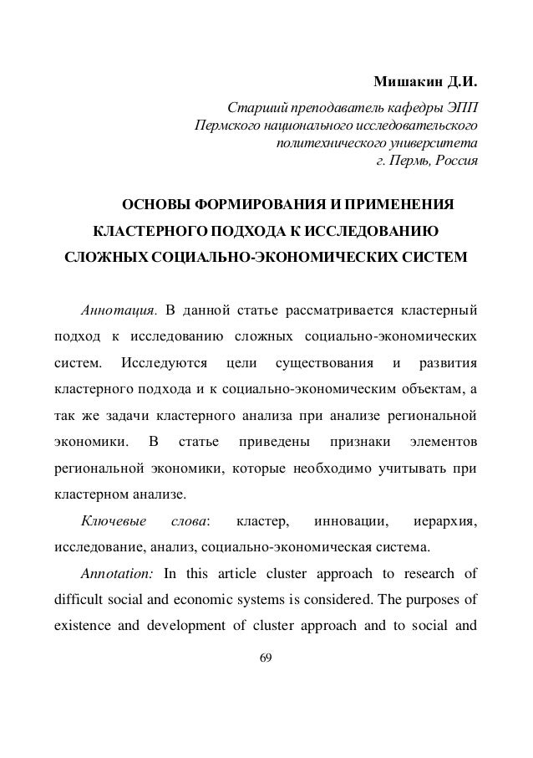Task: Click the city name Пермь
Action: pos(410,160)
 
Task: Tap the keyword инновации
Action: pos(352,523)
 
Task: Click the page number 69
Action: pos(266,658)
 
